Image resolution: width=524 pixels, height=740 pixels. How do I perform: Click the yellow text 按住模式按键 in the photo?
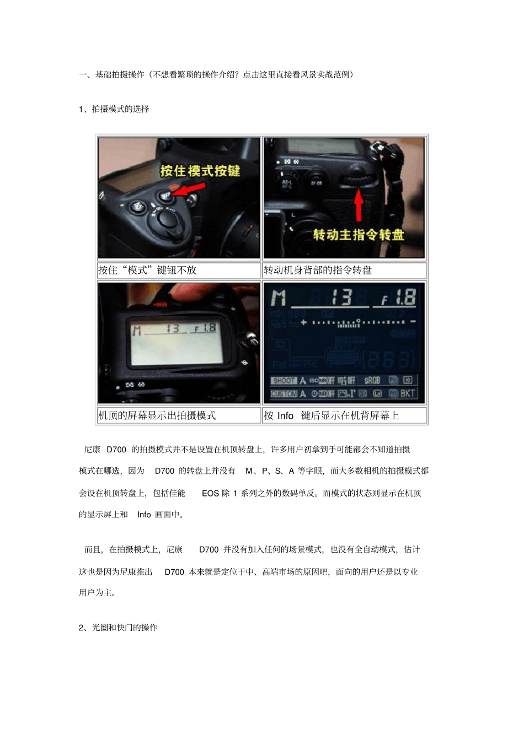click(x=200, y=171)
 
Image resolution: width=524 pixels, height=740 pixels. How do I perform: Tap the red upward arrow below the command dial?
click(x=359, y=203)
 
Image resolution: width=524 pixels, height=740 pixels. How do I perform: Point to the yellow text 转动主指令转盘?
click(x=359, y=235)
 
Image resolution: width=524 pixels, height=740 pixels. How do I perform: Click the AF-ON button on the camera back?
click(x=316, y=183)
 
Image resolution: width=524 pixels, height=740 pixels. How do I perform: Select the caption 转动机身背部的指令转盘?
click(x=318, y=270)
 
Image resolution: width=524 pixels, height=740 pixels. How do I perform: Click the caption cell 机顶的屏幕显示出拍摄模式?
click(x=157, y=415)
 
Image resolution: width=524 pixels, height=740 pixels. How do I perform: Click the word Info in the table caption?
click(x=285, y=415)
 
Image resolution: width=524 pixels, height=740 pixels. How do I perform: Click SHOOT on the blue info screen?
click(x=284, y=380)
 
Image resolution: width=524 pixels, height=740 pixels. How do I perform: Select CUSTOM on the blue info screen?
click(x=284, y=393)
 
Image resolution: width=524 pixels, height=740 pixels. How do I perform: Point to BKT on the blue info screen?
click(x=408, y=393)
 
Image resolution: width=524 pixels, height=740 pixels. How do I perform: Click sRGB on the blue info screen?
click(x=372, y=380)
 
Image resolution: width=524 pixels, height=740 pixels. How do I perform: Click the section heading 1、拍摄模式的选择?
click(x=114, y=109)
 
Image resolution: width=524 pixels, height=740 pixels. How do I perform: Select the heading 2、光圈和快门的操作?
click(x=118, y=628)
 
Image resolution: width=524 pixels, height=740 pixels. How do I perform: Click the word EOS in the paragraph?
click(x=210, y=493)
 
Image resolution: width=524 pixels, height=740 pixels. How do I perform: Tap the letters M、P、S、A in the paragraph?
click(x=270, y=471)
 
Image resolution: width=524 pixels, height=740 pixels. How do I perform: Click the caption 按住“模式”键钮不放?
click(x=147, y=270)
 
